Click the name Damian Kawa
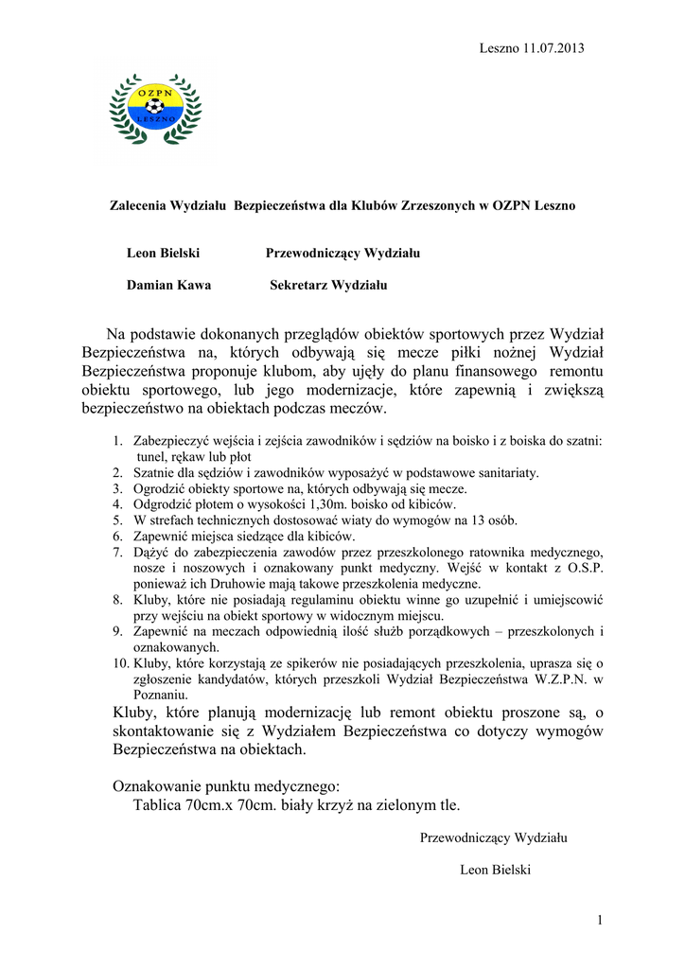point(168,285)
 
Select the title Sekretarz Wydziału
point(328,285)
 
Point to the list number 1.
point(117,440)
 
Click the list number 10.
point(120,663)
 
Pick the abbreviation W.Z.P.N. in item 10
point(557,679)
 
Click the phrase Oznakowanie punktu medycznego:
point(225,785)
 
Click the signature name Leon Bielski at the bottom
point(494,870)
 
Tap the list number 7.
point(117,552)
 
